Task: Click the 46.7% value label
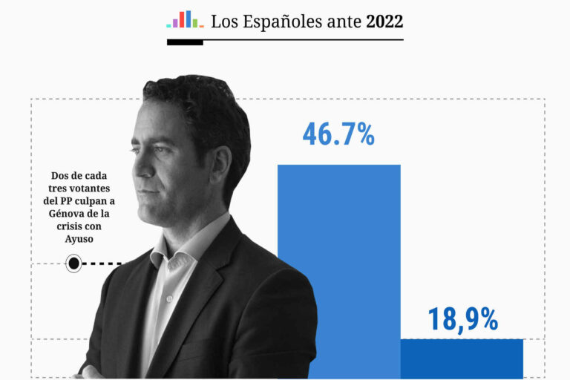[x=338, y=134]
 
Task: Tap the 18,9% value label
[x=462, y=319]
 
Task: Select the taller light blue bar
[x=338, y=267]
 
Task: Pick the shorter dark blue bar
[x=462, y=359]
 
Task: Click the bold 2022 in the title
[x=384, y=22]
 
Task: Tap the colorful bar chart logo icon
[x=185, y=19]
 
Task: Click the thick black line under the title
[x=185, y=42]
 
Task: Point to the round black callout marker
[x=73, y=263]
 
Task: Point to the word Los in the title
[x=223, y=22]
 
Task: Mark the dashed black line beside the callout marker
[x=104, y=263]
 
